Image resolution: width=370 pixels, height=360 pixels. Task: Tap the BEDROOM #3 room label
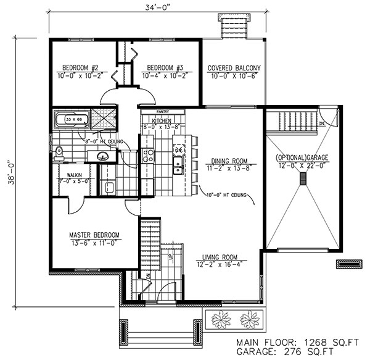pos(163,68)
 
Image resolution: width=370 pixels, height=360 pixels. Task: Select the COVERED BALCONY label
pos(234,68)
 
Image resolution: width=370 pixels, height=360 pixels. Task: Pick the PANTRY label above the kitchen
pos(162,112)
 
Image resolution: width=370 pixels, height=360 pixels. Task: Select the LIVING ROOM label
pos(221,257)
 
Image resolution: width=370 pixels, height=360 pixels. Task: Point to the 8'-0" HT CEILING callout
pos(104,141)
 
